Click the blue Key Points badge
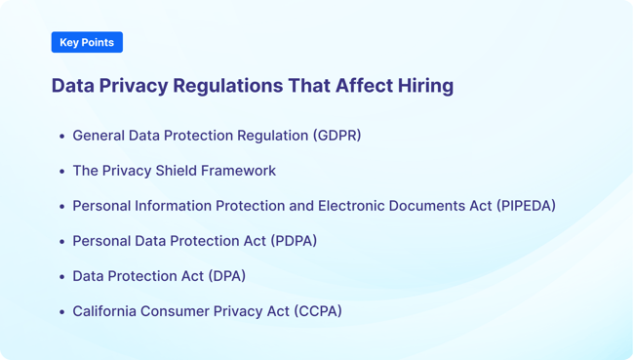[x=87, y=42]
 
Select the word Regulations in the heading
[x=227, y=86]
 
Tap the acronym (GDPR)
[x=337, y=136]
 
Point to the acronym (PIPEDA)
[x=526, y=206]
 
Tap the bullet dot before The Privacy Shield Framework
[x=61, y=172]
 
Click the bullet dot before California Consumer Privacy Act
[x=61, y=312]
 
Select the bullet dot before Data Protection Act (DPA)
[x=61, y=277]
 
